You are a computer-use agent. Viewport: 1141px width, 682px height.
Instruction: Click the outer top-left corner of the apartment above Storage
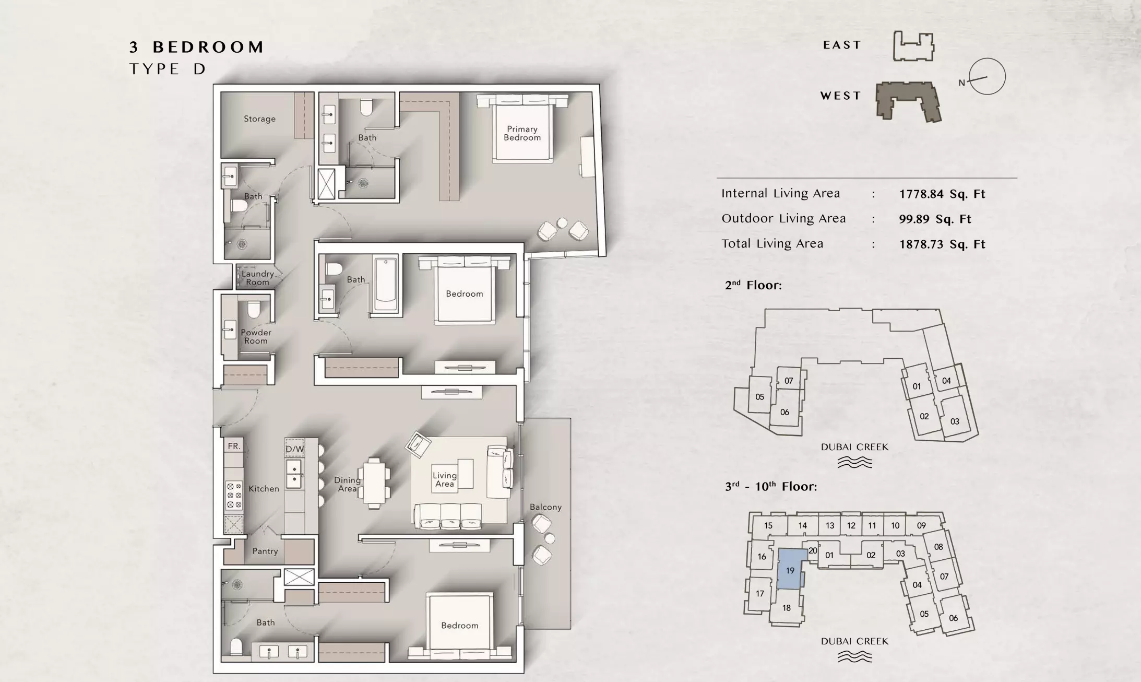pos(213,85)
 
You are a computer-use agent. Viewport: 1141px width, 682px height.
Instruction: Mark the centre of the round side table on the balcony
pos(549,538)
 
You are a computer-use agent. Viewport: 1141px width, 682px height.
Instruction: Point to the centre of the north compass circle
pos(987,76)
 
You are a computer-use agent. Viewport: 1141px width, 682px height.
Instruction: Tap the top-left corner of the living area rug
pos(411,437)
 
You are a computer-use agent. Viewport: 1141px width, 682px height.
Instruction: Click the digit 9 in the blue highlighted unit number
pos(792,571)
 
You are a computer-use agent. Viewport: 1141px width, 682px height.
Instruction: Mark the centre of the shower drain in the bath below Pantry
pos(237,584)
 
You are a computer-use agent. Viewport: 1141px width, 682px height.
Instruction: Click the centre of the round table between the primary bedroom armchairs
pos(562,223)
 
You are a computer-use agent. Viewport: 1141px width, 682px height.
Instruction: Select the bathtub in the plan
pos(386,285)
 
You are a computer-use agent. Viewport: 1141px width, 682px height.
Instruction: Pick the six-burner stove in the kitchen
pos(234,495)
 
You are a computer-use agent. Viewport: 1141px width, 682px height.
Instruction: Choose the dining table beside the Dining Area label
pos(374,483)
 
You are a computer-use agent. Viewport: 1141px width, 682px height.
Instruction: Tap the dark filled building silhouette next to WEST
pos(908,101)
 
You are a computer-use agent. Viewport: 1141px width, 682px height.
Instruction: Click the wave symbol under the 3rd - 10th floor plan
pos(854,656)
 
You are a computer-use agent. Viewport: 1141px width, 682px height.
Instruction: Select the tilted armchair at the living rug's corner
pos(418,445)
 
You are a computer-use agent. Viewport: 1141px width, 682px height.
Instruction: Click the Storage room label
pos(259,119)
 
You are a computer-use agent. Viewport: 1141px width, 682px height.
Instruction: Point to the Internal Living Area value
pos(942,194)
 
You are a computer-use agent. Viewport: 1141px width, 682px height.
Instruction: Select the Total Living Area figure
pos(942,244)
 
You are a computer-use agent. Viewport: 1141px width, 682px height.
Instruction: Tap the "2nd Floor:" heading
pos(753,285)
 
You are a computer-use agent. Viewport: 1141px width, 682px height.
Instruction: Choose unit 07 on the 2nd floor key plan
pos(789,381)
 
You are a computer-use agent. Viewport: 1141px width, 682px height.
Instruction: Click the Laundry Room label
pos(258,278)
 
